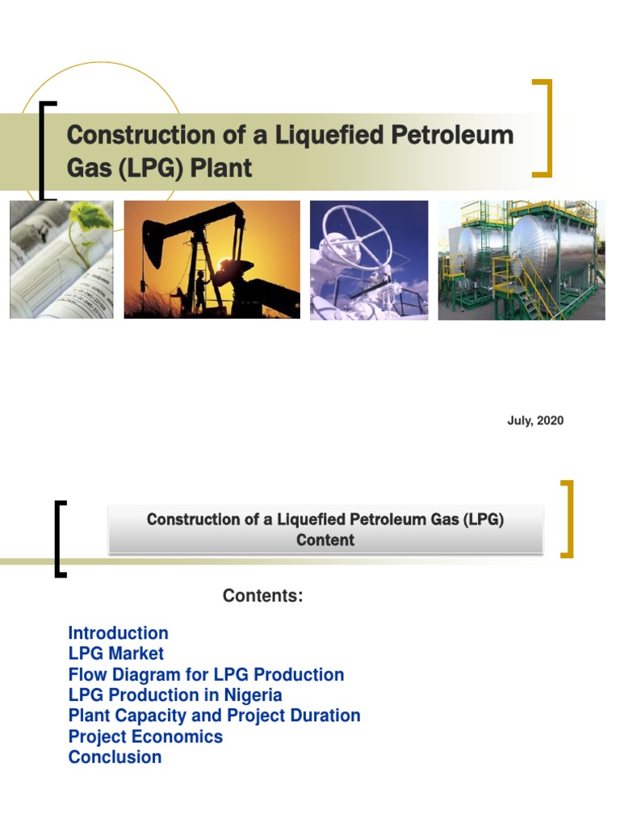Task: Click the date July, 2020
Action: tap(535, 420)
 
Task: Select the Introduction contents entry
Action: tap(118, 633)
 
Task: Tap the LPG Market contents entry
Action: tap(115, 653)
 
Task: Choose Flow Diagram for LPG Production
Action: tap(206, 674)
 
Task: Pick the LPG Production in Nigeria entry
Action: tap(175, 695)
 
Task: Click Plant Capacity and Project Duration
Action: tap(214, 715)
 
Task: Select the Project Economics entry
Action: tap(145, 736)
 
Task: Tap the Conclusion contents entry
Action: tap(115, 757)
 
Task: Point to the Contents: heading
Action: tap(262, 596)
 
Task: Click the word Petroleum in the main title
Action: tap(452, 135)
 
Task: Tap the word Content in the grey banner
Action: tap(325, 540)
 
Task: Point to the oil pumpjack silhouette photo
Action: tap(212, 260)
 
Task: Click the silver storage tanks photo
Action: tap(521, 260)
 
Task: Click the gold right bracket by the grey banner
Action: tap(568, 519)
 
